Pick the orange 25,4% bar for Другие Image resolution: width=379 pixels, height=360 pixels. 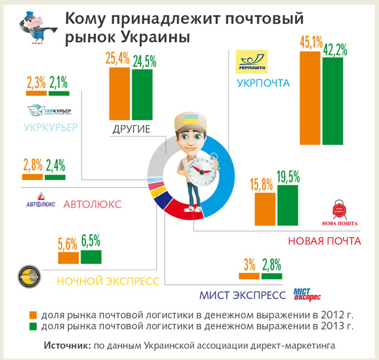point(119,93)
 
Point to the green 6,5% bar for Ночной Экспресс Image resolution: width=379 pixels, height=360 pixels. point(91,257)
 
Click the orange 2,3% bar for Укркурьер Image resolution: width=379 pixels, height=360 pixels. point(36,93)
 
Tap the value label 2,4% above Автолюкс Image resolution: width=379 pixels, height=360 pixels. point(55,165)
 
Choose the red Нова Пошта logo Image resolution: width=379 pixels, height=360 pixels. point(340,211)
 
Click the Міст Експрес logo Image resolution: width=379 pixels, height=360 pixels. point(307,294)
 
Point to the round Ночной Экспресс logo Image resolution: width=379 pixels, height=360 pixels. point(28,276)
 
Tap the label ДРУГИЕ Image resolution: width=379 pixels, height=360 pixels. point(131,129)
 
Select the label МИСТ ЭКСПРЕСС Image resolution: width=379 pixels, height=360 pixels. point(242,295)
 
